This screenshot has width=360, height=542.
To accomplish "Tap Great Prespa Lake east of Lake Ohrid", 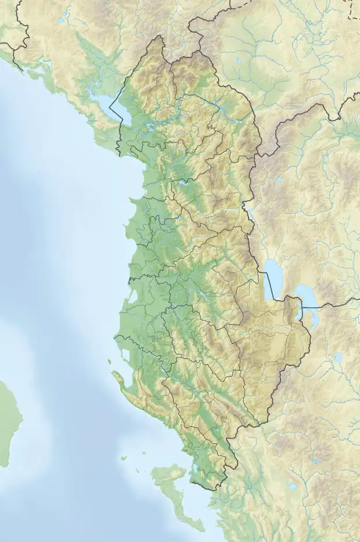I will point(305,296).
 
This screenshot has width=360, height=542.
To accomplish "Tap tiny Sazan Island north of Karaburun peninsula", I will point(109,361).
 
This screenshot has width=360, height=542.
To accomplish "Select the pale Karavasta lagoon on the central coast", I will point(133,297).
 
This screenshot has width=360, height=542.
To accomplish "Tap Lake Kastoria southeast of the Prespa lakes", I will point(338,357).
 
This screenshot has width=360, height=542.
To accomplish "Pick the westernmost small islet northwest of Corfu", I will point(124,458).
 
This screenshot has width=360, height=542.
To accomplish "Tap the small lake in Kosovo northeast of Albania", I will point(239,60).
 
